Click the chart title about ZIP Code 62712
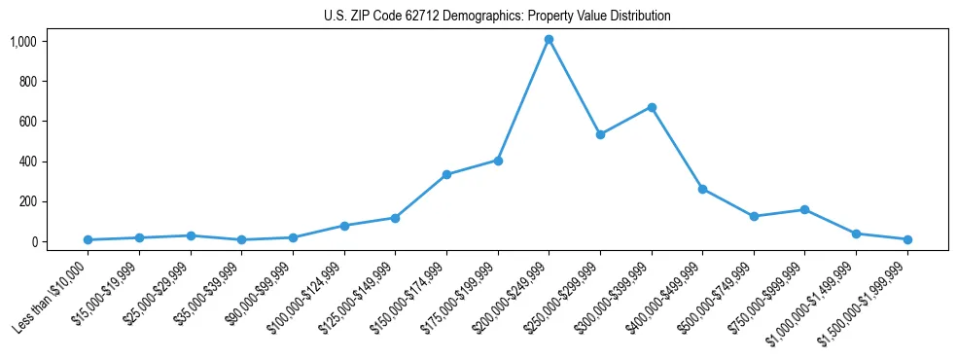(497, 17)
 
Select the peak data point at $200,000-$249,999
(549, 39)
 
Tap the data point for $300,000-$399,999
(652, 107)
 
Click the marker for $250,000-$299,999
(600, 134)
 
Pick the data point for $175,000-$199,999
(498, 161)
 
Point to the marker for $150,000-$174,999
(446, 174)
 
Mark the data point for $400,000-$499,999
(702, 189)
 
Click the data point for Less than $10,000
(89, 239)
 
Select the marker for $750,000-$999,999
(804, 209)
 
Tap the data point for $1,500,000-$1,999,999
(907, 239)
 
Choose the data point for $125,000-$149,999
(395, 218)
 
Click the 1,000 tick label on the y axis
(22, 41)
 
